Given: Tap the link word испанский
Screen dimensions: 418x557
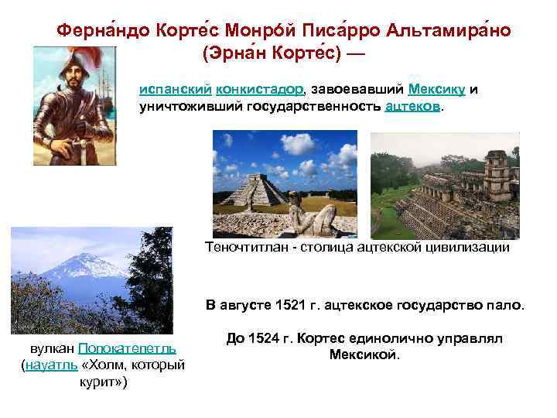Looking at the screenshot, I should [x=173, y=89].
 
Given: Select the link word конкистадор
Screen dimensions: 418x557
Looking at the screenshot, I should [x=255, y=89].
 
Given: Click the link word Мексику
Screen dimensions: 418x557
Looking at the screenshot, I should [x=436, y=89].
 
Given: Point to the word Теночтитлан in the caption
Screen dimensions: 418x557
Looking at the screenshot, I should [x=246, y=248].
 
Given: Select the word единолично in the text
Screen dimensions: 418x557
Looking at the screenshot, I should [x=398, y=338].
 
